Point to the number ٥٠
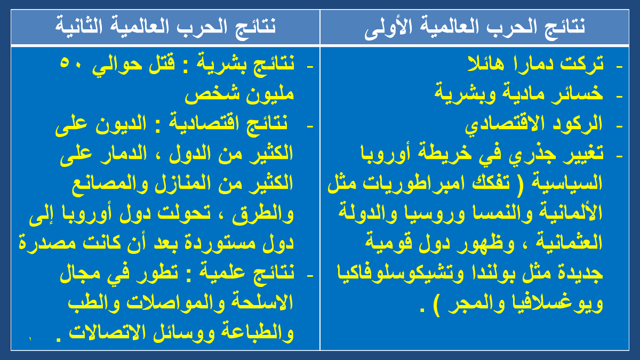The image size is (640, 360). click(70, 63)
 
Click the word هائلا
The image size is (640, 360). click(486, 63)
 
